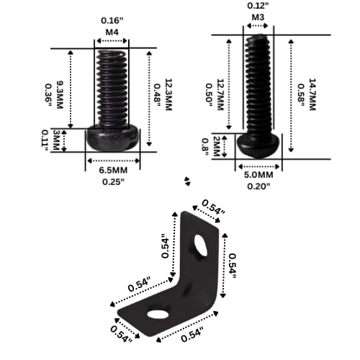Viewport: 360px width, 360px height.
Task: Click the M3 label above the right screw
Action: coord(258,17)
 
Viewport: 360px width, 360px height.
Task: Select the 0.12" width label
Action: coord(258,5)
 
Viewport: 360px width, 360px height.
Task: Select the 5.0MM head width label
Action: coord(258,175)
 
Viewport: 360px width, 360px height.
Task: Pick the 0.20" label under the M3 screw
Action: coord(258,186)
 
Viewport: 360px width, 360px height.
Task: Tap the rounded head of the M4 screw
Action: coord(113,138)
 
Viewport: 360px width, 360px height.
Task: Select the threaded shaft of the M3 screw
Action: coord(260,83)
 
